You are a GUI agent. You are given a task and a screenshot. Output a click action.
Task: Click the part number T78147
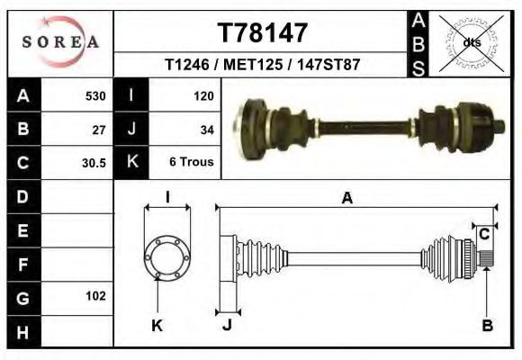(264, 32)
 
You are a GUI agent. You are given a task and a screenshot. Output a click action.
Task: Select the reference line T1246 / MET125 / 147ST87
(264, 66)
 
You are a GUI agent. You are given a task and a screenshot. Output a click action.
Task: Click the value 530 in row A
(95, 95)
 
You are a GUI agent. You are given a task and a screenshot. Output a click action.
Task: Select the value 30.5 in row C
(94, 164)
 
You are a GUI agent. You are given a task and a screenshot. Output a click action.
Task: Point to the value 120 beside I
(203, 95)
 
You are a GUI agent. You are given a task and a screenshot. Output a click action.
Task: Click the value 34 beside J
(207, 130)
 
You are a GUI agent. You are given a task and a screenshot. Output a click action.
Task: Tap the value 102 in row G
(95, 296)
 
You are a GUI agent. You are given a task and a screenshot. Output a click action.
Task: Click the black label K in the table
(131, 163)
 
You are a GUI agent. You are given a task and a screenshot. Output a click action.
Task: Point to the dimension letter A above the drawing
(346, 199)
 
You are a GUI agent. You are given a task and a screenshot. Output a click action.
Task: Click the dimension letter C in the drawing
(484, 234)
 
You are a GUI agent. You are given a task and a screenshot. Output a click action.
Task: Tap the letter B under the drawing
(487, 327)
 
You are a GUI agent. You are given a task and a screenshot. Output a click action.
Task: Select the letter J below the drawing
(227, 326)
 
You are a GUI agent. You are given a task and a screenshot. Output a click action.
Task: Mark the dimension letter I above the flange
(167, 198)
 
